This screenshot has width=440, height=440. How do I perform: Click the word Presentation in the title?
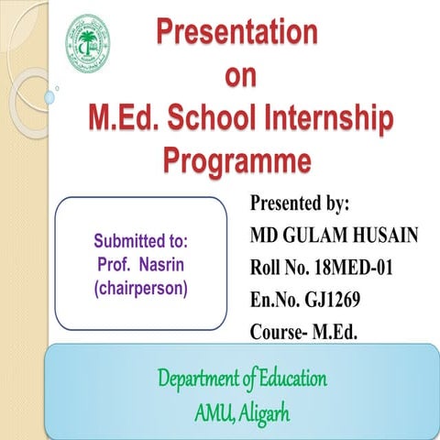point(237,32)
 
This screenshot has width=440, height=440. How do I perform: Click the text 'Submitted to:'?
point(140,243)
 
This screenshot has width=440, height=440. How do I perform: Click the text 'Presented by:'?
point(300,203)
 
